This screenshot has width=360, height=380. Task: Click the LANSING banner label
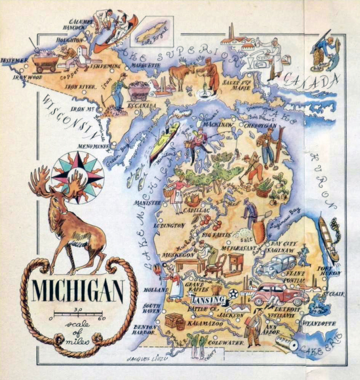pyautogui.click(x=208, y=300)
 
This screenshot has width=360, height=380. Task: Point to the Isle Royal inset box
pyautogui.click(x=152, y=32)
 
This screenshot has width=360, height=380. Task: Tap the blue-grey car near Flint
pyautogui.click(x=275, y=265)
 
